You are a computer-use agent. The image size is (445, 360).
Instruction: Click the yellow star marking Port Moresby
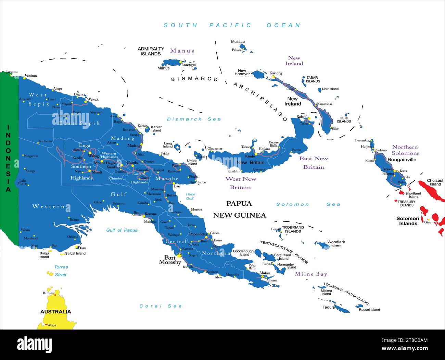pyautogui.click(x=179, y=255)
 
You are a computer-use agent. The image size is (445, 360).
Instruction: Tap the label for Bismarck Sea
pyautogui.click(x=194, y=119)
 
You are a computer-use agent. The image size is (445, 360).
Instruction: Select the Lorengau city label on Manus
pyautogui.click(x=189, y=65)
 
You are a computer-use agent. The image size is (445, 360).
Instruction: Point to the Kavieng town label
pyautogui.click(x=276, y=73)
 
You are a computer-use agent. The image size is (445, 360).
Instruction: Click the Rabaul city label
pyautogui.click(x=302, y=117)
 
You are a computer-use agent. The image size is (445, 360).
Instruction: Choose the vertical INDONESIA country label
pyautogui.click(x=8, y=158)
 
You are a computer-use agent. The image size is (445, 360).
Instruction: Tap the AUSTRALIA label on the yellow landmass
pyautogui.click(x=56, y=311)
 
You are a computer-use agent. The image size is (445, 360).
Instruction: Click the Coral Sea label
pyautogui.click(x=161, y=306)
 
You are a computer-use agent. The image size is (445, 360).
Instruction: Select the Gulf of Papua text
pyautogui.click(x=122, y=230)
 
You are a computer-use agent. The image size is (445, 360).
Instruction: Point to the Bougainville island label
pyautogui.click(x=402, y=159)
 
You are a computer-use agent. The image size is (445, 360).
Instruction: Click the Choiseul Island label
pyautogui.click(x=435, y=182)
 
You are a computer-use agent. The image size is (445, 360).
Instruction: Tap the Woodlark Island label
pyautogui.click(x=336, y=244)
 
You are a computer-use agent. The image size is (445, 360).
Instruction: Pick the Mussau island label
pyautogui.click(x=238, y=42)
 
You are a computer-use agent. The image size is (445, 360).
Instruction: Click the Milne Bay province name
pyautogui.click(x=311, y=274)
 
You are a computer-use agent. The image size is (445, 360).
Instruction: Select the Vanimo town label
pyautogui.click(x=31, y=76)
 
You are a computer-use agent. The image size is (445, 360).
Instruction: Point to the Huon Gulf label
pyautogui.click(x=190, y=196)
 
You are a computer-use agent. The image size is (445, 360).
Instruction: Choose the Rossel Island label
pyautogui.click(x=369, y=310)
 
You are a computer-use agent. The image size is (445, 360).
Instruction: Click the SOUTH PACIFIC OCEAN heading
pyautogui.click(x=232, y=25)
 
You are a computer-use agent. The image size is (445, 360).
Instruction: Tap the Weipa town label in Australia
pyautogui.click(x=51, y=325)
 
